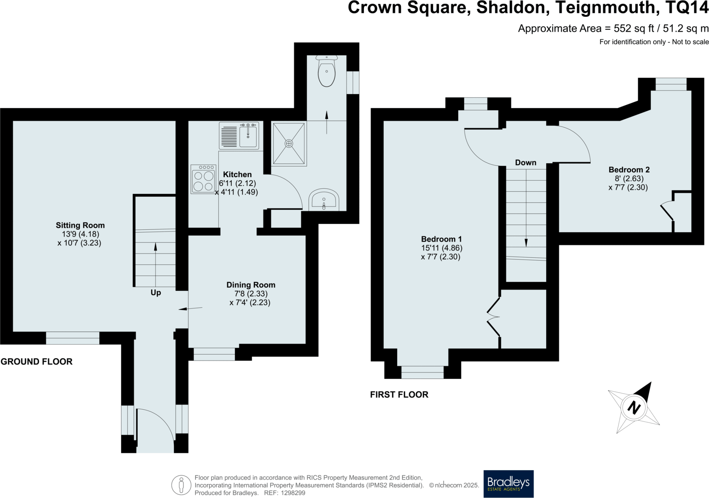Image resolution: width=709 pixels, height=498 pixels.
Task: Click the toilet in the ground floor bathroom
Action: [x=326, y=72]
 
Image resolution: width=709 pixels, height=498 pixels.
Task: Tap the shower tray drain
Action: [x=289, y=143]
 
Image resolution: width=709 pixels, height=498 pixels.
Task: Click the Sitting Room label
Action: [x=80, y=225]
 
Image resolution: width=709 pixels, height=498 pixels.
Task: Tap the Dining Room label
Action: [x=251, y=285]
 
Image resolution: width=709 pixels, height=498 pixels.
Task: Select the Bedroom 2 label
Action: [x=629, y=170]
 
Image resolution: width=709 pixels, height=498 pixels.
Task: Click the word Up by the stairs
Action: [x=155, y=292]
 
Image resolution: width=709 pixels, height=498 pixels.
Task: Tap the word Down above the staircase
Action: [x=525, y=163]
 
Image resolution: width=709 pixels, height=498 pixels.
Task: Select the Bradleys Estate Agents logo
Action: [x=508, y=483]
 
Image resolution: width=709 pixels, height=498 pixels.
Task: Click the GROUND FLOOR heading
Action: [x=37, y=361]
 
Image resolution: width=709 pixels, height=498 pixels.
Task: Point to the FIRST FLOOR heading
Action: [x=399, y=394]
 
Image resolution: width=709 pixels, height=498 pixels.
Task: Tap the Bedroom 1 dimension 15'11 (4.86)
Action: [x=441, y=248]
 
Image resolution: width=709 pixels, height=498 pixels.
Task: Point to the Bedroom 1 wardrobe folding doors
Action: [x=493, y=317]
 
